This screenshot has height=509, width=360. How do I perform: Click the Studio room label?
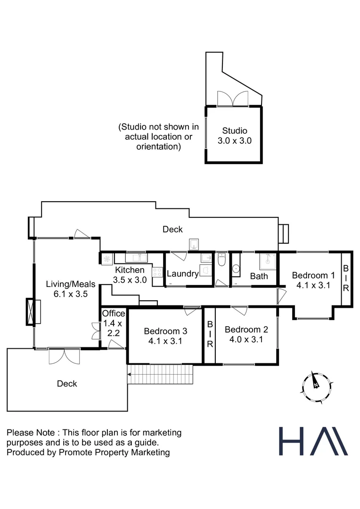(x=235, y=131)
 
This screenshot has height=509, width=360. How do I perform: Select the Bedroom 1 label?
(x=313, y=275)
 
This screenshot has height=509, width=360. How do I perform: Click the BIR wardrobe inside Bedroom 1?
(x=346, y=279)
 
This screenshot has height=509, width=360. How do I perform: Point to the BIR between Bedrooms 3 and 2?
(x=210, y=335)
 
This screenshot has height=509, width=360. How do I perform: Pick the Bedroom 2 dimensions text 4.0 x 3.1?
(x=244, y=339)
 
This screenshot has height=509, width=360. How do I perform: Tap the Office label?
(x=114, y=313)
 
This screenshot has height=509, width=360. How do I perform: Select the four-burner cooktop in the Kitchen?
(x=157, y=273)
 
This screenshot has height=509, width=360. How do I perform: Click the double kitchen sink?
(x=138, y=258)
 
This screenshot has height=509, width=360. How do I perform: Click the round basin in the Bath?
(x=236, y=269)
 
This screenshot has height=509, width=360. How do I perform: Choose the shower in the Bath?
(x=267, y=261)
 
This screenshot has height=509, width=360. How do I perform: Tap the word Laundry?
(x=182, y=274)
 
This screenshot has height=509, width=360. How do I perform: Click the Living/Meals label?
(x=71, y=284)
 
